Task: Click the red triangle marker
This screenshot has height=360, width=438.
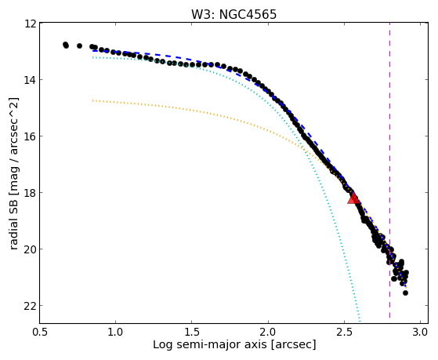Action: pyautogui.click(x=353, y=198)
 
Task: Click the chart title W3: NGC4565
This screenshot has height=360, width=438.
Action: pyautogui.click(x=233, y=14)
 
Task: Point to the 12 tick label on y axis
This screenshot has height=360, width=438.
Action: pyautogui.click(x=30, y=24)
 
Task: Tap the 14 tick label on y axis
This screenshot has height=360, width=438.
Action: pyautogui.click(x=30, y=80)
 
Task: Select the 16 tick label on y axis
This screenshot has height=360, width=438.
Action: pyautogui.click(x=30, y=136)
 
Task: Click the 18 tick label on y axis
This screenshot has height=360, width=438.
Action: pyautogui.click(x=30, y=193)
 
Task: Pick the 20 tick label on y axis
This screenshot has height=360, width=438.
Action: pyautogui.click(x=30, y=249)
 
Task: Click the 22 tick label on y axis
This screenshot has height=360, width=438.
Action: pyautogui.click(x=30, y=306)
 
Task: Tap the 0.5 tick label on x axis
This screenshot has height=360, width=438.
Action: pyautogui.click(x=40, y=333)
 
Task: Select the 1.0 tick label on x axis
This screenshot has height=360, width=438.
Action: pyautogui.click(x=116, y=333)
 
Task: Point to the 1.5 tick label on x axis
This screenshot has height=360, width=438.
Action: pyautogui.click(x=192, y=333)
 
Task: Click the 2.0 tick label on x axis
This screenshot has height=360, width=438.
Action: pyautogui.click(x=268, y=333)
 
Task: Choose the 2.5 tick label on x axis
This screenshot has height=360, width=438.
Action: pyautogui.click(x=345, y=333)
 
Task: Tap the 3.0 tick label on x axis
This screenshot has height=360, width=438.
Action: pyautogui.click(x=421, y=333)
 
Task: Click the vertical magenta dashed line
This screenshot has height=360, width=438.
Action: pyautogui.click(x=389, y=170)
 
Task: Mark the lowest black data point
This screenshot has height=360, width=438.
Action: pyautogui.click(x=405, y=293)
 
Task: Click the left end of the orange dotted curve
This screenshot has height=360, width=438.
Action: pyautogui.click(x=92, y=100)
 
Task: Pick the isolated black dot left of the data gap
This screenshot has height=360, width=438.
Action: pyautogui.click(x=79, y=45)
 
